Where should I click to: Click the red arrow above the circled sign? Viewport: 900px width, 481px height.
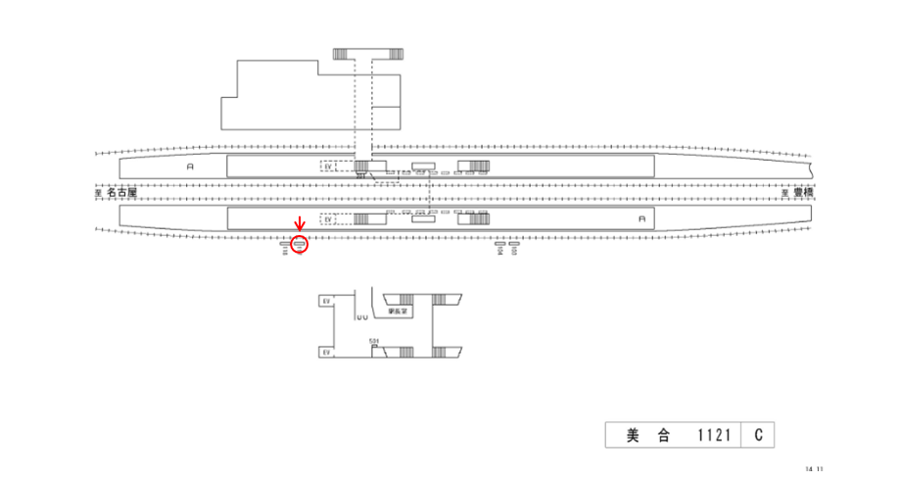point(300,228)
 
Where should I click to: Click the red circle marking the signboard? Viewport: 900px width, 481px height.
point(300,244)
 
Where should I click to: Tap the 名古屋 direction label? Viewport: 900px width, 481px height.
point(121,194)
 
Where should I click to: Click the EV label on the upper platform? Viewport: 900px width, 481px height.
point(328,167)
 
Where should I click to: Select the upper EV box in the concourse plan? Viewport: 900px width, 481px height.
point(325,302)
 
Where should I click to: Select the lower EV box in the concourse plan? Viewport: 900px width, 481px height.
point(325,351)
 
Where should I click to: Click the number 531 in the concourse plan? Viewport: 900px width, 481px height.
point(373,341)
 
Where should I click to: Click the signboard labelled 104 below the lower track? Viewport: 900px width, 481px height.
point(499,248)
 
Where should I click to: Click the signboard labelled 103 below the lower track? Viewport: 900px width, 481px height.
point(514,248)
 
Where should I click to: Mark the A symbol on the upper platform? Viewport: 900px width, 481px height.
point(191,168)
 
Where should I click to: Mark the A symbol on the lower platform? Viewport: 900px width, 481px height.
point(641,218)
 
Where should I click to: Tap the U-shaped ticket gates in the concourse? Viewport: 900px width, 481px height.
point(361,316)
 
